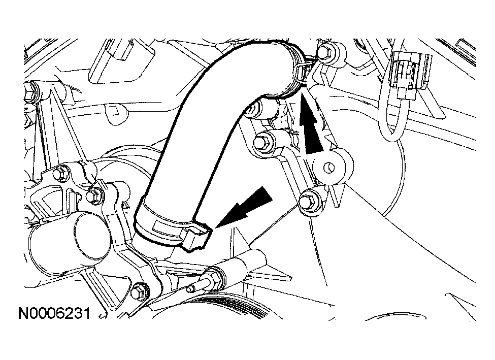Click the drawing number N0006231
(x=55, y=314)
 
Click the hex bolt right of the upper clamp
(x=325, y=52)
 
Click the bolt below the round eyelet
(x=307, y=201)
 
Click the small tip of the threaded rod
(x=190, y=288)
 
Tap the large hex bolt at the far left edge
(x=31, y=91)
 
